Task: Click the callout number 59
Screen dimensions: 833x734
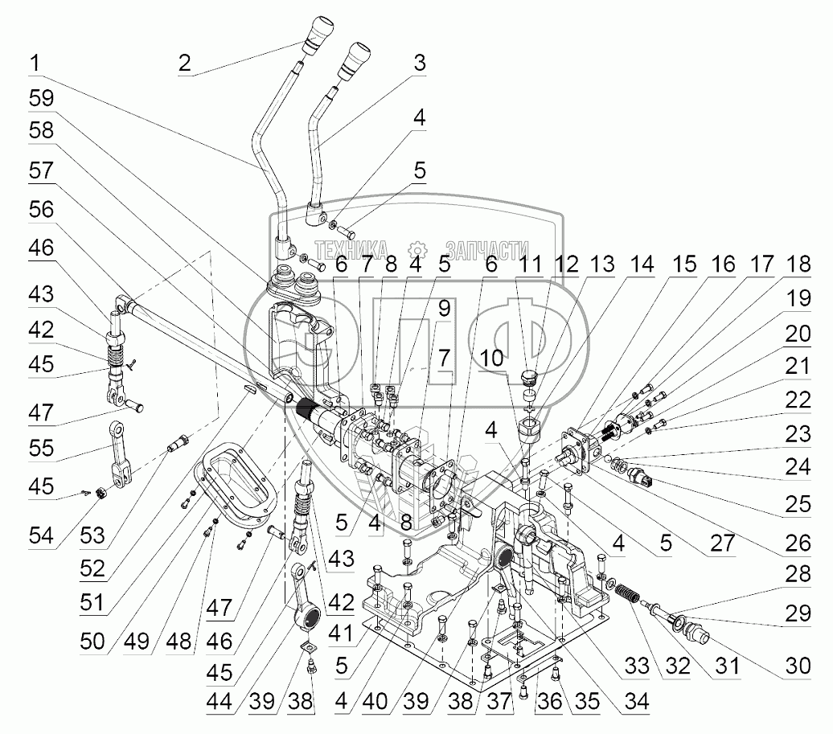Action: [x=42, y=98]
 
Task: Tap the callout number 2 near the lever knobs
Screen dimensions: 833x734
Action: [x=184, y=64]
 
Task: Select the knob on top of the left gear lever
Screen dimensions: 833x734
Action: [x=318, y=35]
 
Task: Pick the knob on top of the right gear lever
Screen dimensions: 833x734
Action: [x=355, y=62]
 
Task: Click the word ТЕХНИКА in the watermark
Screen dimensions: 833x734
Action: [x=351, y=250]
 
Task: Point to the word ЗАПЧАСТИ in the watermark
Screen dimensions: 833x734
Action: [x=487, y=250]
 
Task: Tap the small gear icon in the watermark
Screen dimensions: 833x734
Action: [x=417, y=250]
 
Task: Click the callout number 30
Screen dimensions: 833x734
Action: [x=798, y=665]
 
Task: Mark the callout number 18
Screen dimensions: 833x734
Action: [x=798, y=264]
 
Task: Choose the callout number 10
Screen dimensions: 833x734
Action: [x=491, y=358]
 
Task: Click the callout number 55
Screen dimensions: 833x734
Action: [x=42, y=448]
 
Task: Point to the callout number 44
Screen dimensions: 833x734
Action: [x=220, y=701]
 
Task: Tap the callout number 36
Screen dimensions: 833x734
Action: [x=549, y=701]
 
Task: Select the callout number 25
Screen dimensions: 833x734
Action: [x=798, y=504]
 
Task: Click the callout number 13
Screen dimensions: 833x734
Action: [x=602, y=264]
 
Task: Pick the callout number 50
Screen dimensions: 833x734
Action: [x=92, y=641]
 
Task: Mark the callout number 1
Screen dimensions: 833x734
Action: [x=35, y=64]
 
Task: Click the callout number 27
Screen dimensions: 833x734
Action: [x=723, y=543]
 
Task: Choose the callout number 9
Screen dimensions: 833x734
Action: [x=444, y=308]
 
